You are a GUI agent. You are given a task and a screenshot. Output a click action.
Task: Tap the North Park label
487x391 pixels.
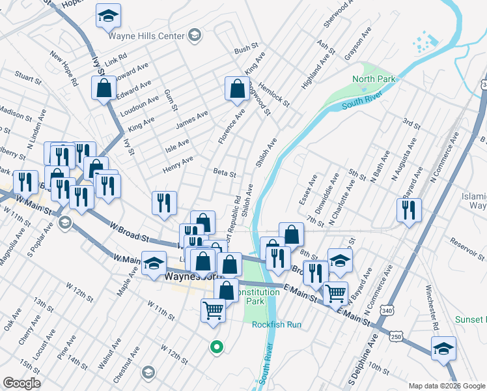point(374,80)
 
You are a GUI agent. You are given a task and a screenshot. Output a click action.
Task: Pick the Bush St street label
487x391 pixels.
point(246,50)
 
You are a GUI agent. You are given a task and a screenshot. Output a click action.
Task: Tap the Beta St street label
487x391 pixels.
point(224,173)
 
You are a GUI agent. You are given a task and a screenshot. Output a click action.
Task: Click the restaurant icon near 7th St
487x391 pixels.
point(409,210)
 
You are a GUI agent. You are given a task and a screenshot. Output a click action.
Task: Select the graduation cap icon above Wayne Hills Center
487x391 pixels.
point(108,16)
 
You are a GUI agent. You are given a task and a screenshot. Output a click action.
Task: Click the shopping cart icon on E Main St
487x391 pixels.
point(335,293)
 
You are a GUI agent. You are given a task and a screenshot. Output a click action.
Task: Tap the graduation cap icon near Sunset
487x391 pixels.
point(443,349)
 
